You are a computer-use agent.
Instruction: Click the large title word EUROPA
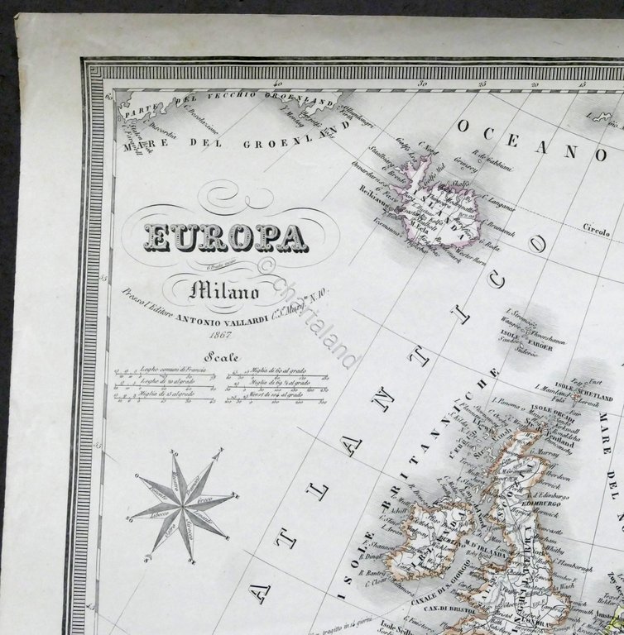(226, 237)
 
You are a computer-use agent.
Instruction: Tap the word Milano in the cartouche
(225, 290)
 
